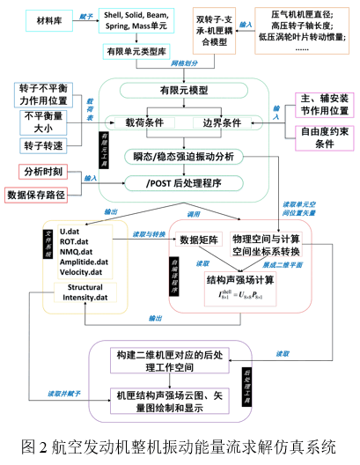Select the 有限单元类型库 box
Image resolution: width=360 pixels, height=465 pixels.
tap(138, 55)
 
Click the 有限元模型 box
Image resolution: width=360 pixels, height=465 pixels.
tap(184, 91)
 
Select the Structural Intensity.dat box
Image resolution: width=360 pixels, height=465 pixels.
tap(85, 292)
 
